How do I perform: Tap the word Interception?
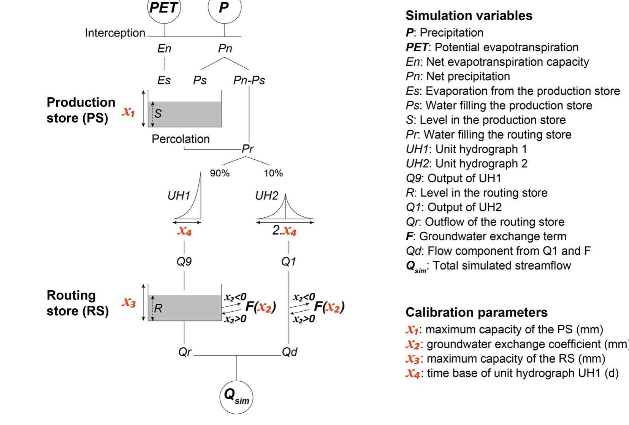pos(115,33)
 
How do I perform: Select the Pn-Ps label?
pos(249,80)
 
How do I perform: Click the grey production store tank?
pos(185,114)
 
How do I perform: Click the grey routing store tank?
pos(185,308)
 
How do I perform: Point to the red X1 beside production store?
pos(128,112)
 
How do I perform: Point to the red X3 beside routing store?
pos(129,303)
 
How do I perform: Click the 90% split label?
pos(220,173)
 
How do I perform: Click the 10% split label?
pos(273,173)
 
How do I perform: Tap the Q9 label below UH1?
pos(184,262)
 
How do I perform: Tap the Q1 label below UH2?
pos(288,262)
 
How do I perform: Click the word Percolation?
pos(181,139)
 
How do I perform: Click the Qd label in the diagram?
pos(290,352)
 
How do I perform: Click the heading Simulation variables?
pos(469,16)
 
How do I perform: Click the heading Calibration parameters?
pos(476,312)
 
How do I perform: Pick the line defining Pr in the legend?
pos(488,135)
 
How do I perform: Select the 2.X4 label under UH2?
pos(284,231)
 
